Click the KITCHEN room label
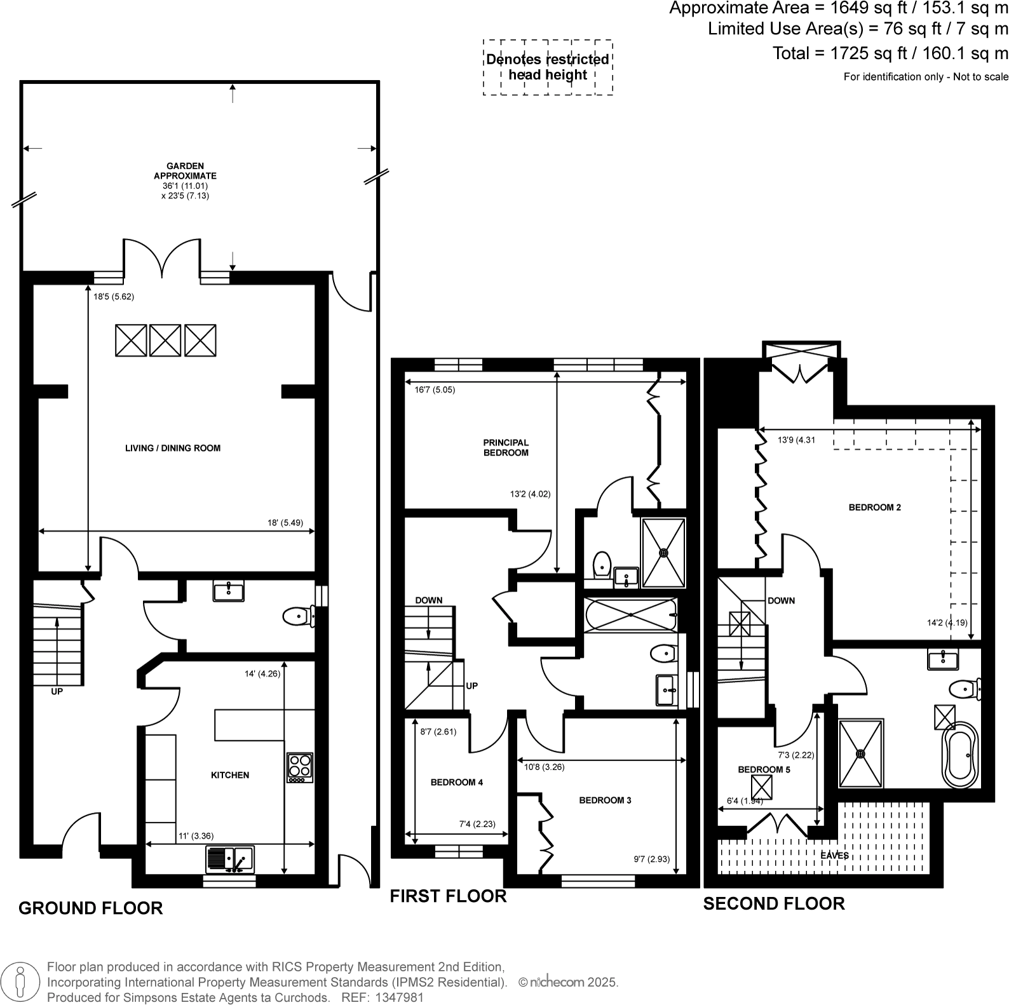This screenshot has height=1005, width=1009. tap(230, 775)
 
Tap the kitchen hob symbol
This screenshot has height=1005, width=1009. tap(300, 768)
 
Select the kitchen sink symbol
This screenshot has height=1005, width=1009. tap(229, 860)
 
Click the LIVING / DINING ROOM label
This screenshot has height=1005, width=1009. tap(173, 448)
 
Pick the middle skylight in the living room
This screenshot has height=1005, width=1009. tap(165, 341)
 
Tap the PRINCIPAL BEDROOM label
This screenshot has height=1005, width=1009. tap(506, 447)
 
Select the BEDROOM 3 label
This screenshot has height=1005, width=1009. tap(605, 800)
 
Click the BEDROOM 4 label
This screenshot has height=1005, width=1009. tap(456, 782)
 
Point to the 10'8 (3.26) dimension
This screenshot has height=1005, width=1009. tap(544, 767)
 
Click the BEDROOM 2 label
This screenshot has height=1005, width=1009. tap(874, 508)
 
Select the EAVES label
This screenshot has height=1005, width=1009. tap(834, 856)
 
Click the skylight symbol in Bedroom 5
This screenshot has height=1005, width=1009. tap(761, 788)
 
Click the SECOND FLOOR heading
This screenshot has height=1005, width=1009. tap(773, 903)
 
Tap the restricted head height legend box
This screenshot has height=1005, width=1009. tap(548, 67)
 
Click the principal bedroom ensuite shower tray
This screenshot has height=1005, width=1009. tap(663, 553)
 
